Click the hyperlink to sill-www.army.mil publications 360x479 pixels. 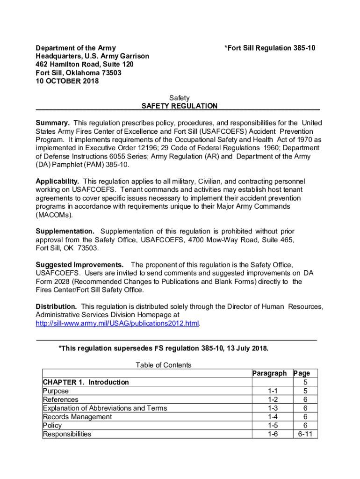[118, 324]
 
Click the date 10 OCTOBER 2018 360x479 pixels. [67, 81]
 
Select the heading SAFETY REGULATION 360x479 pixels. [180, 106]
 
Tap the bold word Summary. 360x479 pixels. [53, 123]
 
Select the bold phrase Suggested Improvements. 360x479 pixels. [80, 265]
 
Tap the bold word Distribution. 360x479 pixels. [57, 307]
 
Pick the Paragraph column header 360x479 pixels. [270, 373]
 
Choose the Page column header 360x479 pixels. [302, 373]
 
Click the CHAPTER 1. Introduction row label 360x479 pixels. [86, 382]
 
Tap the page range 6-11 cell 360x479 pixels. [304, 434]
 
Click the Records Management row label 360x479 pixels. [78, 417]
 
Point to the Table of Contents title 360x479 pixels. [163, 365]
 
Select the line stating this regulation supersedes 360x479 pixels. [163, 348]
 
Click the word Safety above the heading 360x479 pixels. [180, 98]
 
